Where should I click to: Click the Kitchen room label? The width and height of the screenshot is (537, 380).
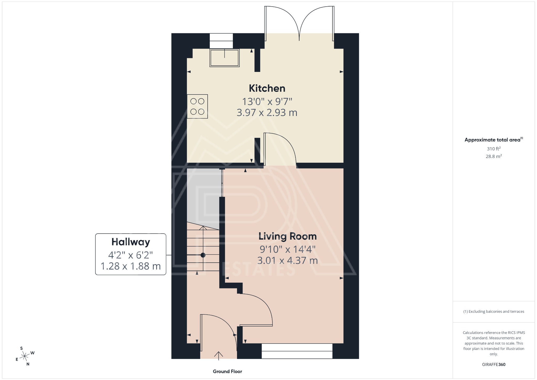click(x=267, y=88)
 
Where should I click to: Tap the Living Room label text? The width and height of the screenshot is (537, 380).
click(x=287, y=236)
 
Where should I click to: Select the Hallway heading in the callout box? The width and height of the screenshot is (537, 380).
click(x=131, y=242)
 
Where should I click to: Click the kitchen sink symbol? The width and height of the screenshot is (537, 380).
click(x=224, y=58)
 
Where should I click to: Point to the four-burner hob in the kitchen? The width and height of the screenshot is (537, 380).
click(x=197, y=106)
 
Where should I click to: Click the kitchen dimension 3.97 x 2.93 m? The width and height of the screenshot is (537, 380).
click(x=267, y=113)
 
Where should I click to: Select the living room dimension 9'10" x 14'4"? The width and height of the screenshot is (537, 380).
click(x=287, y=249)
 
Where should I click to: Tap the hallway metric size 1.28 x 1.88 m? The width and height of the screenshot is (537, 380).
click(x=131, y=266)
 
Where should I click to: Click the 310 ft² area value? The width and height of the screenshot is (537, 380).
click(x=493, y=149)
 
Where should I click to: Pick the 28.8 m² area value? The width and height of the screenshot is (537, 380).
click(x=493, y=156)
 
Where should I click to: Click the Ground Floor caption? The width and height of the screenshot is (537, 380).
click(x=227, y=371)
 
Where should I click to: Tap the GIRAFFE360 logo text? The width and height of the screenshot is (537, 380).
click(x=493, y=364)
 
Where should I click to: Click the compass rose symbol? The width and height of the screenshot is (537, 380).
click(x=25, y=356)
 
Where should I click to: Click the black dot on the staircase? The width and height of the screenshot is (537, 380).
click(x=203, y=255)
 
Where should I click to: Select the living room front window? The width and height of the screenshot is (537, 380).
click(x=297, y=351)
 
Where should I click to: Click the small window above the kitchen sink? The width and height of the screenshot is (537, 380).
click(x=221, y=41)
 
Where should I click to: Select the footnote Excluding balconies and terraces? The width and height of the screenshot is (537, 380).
click(x=493, y=312)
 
